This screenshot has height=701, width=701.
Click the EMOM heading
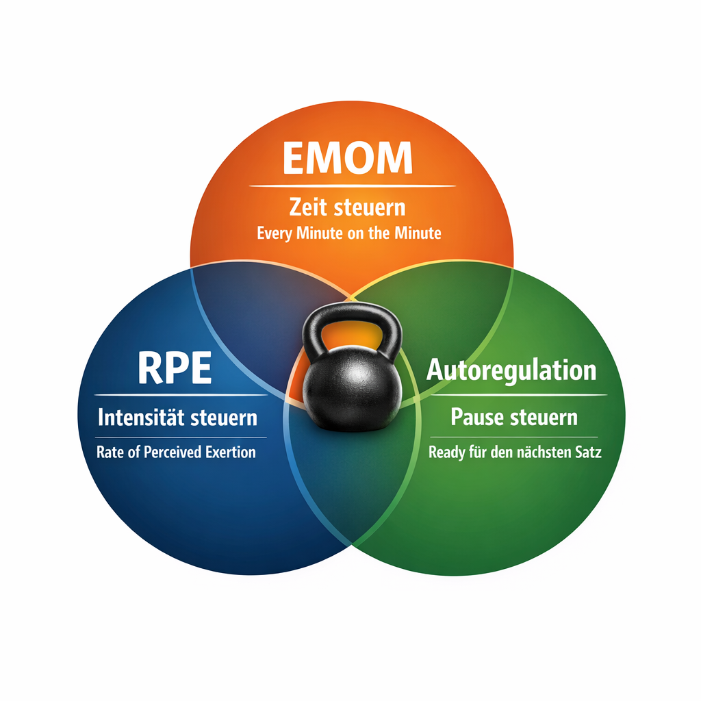coord(347,157)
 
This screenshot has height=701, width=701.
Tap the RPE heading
coord(175,368)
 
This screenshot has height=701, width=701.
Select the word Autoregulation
coord(511,371)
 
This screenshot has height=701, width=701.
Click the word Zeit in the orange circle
coord(308,207)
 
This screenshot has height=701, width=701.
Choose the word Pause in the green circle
coord(477,417)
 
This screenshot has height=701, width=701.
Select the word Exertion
coord(231,452)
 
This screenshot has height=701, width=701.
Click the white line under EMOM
coord(353,186)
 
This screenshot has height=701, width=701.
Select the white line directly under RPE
coord(181,395)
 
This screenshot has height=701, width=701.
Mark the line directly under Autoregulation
coord(519,395)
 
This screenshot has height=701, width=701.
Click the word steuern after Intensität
coord(224,418)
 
